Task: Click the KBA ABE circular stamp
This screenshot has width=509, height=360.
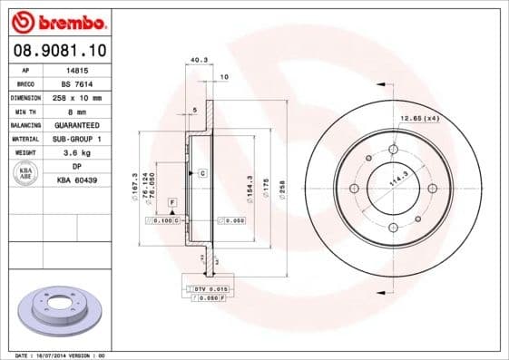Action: click(x=26, y=173)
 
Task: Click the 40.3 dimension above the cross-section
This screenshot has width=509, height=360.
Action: click(x=196, y=61)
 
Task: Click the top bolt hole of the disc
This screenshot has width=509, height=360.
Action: click(x=393, y=150)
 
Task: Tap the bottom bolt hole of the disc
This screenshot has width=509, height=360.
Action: click(x=393, y=228)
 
